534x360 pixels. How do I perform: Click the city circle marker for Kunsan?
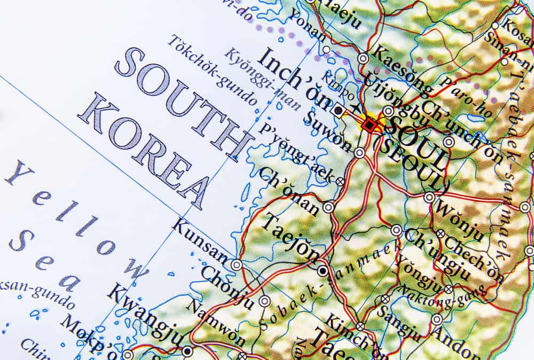[236, 264]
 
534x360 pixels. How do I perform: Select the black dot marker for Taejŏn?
[322, 271]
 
